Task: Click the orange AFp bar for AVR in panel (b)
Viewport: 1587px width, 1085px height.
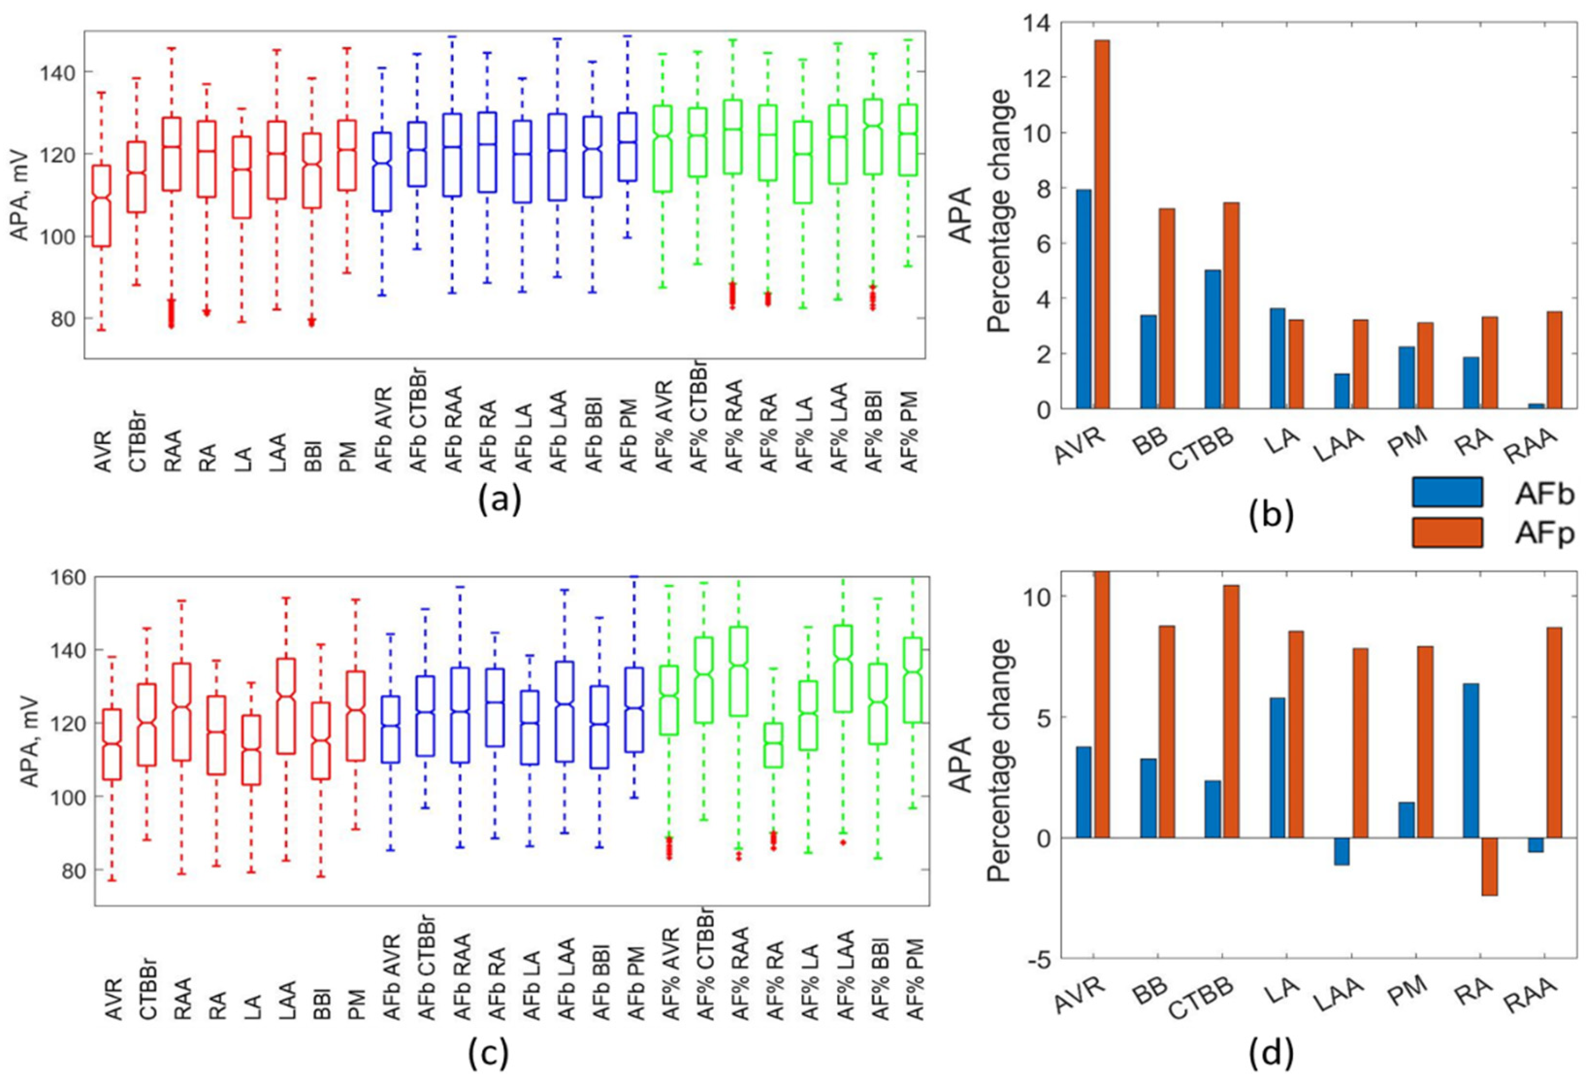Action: (x=1101, y=224)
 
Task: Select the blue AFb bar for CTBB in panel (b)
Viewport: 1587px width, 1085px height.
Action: (x=1213, y=340)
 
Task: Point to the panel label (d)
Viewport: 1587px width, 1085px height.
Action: (x=1270, y=1055)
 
